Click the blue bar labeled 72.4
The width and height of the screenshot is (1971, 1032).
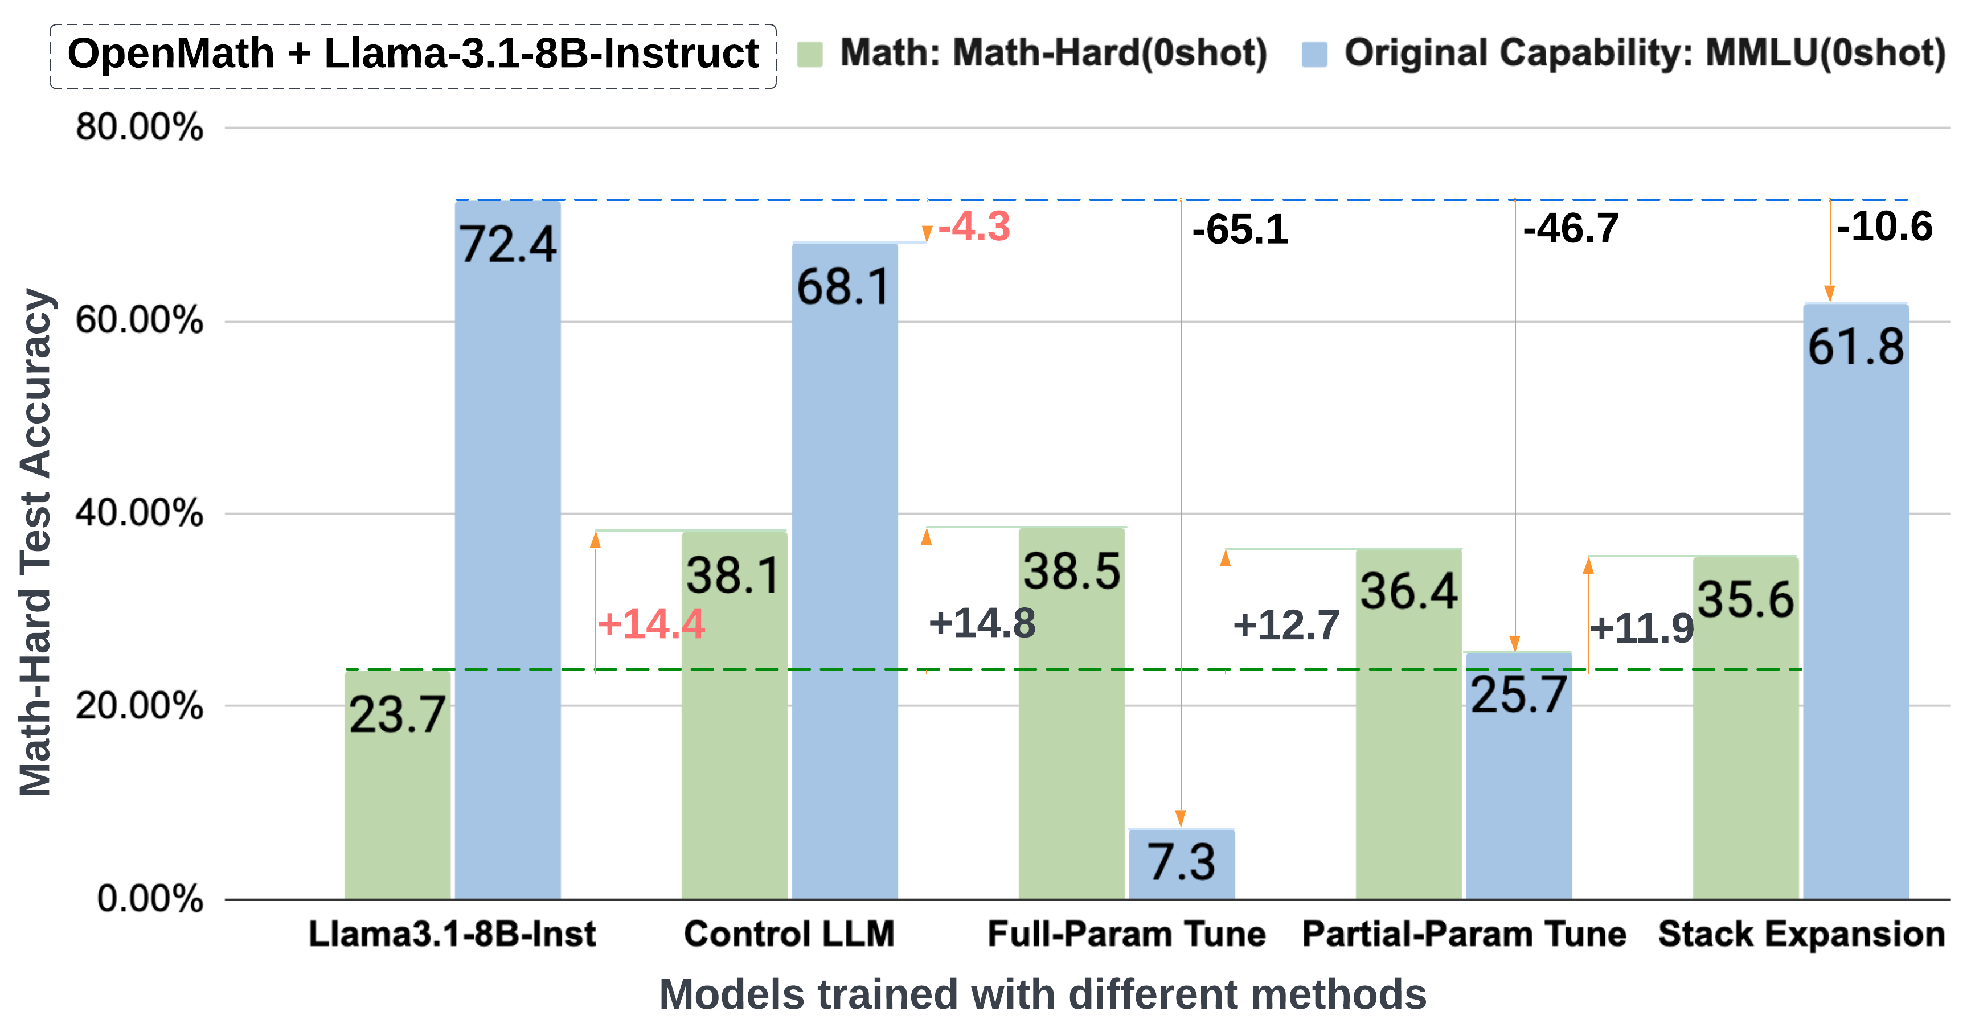click(507, 551)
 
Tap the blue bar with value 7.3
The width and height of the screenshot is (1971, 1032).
click(1181, 865)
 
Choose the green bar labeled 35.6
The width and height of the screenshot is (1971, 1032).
click(1745, 727)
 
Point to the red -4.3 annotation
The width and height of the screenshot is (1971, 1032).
click(974, 227)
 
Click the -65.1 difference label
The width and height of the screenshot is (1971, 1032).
click(1240, 229)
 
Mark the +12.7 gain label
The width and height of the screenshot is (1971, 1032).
click(1286, 625)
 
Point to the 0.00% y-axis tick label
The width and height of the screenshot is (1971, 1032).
click(150, 898)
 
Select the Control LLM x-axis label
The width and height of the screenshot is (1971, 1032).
click(789, 934)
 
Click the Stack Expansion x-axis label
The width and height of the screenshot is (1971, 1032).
click(1801, 934)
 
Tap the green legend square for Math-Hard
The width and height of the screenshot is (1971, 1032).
click(809, 54)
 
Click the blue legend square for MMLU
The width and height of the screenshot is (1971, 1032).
click(1314, 54)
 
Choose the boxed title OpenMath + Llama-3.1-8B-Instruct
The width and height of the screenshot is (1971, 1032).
click(413, 54)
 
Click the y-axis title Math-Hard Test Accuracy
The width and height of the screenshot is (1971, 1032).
click(35, 543)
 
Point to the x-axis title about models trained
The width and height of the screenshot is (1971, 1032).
click(1042, 994)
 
